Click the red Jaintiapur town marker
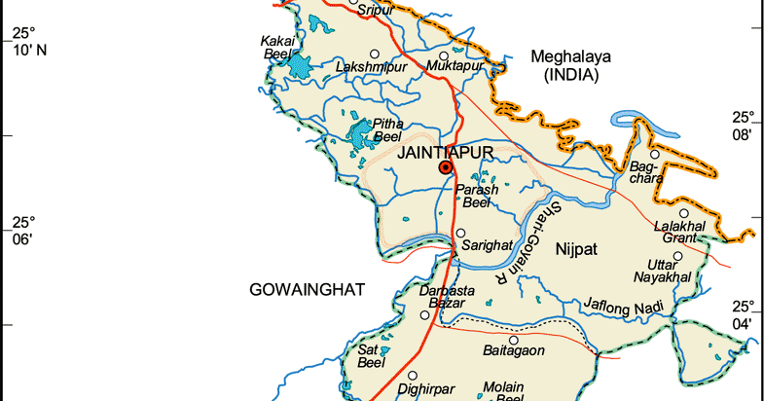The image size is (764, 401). tap(446, 167)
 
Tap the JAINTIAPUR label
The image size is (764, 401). tap(445, 153)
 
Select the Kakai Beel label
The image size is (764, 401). tap(277, 47)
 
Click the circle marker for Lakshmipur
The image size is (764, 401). tap(373, 54)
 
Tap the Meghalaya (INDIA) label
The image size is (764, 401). tap(570, 66)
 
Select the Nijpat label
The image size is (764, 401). tap(573, 251)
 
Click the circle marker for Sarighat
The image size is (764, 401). tap(460, 233)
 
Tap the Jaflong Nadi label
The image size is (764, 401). tap(623, 305)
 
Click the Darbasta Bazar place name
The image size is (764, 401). tap(448, 297)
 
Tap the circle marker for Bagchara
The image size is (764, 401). tap(655, 154)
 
